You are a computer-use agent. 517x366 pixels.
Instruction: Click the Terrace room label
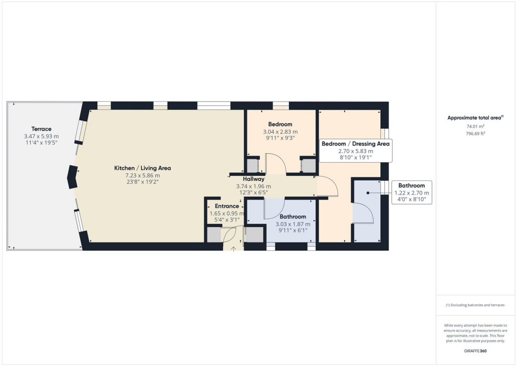coord(41,129)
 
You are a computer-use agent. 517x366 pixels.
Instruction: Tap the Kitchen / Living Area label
coord(142,168)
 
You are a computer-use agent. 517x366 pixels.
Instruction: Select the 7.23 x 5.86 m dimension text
coord(142,175)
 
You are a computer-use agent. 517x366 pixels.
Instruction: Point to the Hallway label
coord(253,179)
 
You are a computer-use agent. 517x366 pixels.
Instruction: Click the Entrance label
coord(227,206)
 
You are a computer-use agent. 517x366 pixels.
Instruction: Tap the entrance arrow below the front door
coord(234,248)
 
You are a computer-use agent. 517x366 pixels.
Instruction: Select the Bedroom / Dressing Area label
coord(355,144)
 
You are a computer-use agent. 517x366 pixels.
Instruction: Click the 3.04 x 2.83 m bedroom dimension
coord(280,131)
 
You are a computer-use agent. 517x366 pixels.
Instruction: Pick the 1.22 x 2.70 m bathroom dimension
coord(411,193)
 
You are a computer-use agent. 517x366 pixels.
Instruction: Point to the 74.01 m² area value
coord(475,126)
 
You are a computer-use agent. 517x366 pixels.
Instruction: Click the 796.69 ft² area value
coord(475,133)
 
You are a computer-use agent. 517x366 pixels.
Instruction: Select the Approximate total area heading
coord(475,117)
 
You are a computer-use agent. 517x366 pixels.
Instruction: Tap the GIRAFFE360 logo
coord(475,350)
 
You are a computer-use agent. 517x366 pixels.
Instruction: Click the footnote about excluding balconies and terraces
coord(475,305)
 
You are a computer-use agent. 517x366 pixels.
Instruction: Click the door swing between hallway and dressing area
coord(328,187)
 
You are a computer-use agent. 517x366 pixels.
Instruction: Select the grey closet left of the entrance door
coord(214,235)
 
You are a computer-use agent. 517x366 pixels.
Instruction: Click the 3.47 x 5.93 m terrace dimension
coord(41,136)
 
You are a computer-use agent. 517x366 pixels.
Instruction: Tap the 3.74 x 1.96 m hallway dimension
coord(253,186)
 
